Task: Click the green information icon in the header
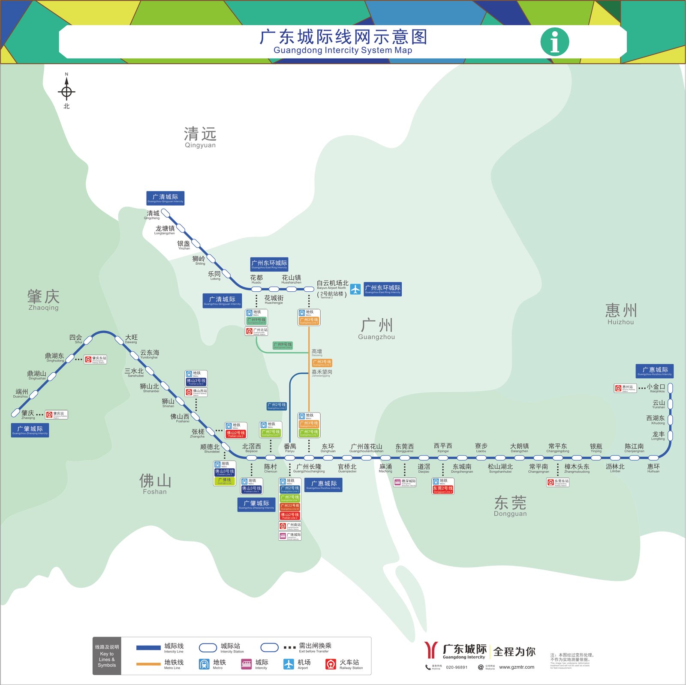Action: (x=555, y=42)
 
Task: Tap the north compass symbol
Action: (x=66, y=91)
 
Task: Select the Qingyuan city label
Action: (x=200, y=137)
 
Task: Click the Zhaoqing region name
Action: (x=43, y=299)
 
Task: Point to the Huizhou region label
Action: (x=620, y=314)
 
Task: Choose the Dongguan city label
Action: (x=510, y=506)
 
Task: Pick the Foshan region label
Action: (x=155, y=484)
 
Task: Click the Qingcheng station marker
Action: (x=165, y=212)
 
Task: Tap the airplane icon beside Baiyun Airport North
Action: (x=355, y=289)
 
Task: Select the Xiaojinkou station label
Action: (x=656, y=388)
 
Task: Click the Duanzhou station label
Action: (x=21, y=393)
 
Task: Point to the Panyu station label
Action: (x=290, y=448)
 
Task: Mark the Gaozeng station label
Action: (x=317, y=353)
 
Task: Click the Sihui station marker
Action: (x=88, y=340)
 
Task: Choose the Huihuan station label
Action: (x=653, y=468)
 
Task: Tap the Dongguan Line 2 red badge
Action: (x=443, y=489)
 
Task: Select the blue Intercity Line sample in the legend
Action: (x=148, y=648)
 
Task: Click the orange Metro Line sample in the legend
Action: (x=148, y=664)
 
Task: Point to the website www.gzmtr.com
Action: (x=517, y=667)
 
